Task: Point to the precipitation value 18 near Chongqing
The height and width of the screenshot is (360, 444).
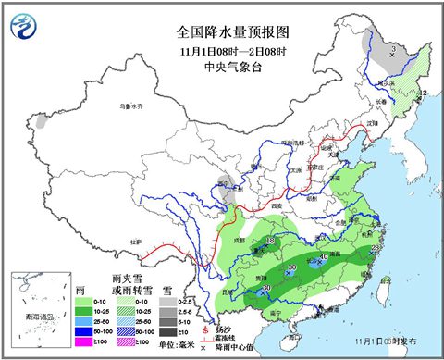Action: point(270,242)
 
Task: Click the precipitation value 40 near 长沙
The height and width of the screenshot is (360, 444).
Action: point(323,256)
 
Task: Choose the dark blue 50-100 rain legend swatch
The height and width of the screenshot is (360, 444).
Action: point(81,329)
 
